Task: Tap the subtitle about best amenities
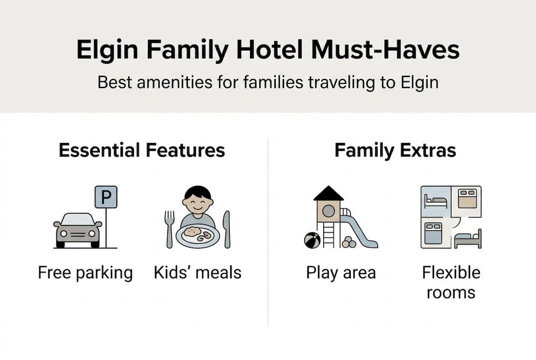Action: pyautogui.click(x=268, y=82)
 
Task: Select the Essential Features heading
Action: pyautogui.click(x=142, y=150)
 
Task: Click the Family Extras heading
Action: pyautogui.click(x=395, y=150)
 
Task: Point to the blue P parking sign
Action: pyautogui.click(x=106, y=197)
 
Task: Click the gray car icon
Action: pyautogui.click(x=77, y=230)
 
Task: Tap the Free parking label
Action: pyautogui.click(x=85, y=273)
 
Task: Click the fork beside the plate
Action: pyautogui.click(x=169, y=228)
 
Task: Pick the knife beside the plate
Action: pyautogui.click(x=227, y=229)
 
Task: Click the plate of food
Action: pyautogui.click(x=198, y=235)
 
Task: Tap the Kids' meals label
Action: pyautogui.click(x=197, y=273)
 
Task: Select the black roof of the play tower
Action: pyautogui.click(x=328, y=193)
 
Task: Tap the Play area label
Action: pyautogui.click(x=341, y=273)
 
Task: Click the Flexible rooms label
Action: pyautogui.click(x=451, y=282)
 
